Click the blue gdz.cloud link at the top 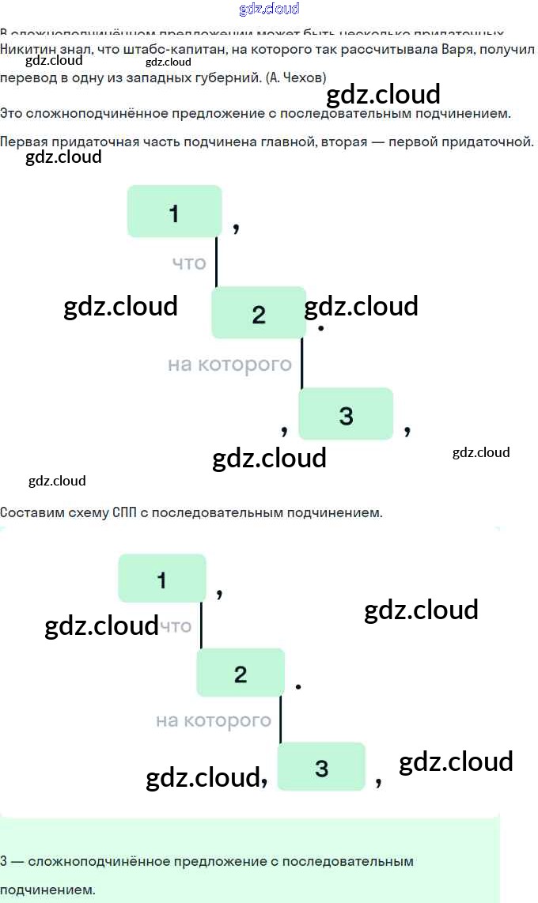point(269,9)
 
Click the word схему point(87,512)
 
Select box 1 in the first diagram point(174,212)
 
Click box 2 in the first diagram point(258,313)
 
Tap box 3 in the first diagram point(345,414)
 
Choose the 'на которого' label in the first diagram point(229,365)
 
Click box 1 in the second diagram point(162,579)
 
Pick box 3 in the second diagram point(321,766)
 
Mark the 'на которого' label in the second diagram point(214,720)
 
